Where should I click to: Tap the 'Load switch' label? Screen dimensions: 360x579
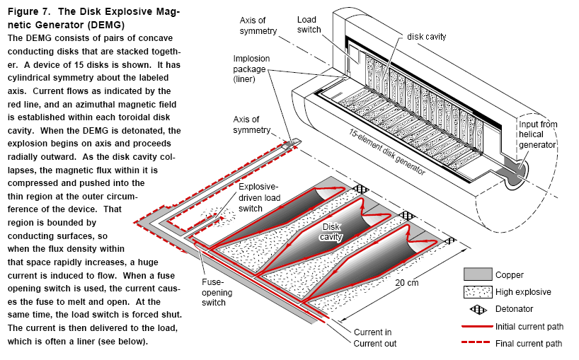(309, 24)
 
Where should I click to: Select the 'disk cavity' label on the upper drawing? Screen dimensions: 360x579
(425, 36)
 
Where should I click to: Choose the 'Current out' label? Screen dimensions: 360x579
(375, 344)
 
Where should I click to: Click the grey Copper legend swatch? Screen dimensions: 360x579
(477, 275)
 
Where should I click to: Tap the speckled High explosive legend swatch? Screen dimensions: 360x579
(477, 291)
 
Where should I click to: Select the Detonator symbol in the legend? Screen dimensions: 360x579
(477, 309)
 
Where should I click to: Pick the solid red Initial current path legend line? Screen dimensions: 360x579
(477, 326)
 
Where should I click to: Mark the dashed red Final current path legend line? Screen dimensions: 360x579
(477, 344)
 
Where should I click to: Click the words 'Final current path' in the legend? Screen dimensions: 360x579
(530, 344)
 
